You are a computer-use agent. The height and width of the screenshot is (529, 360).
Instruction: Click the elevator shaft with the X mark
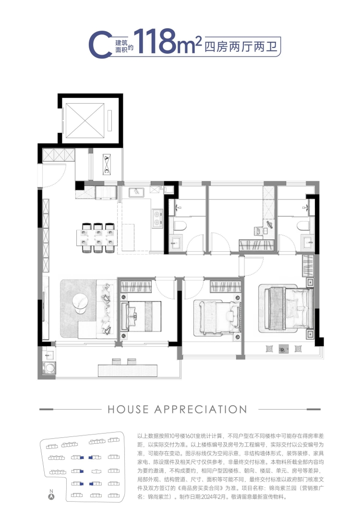(85, 120)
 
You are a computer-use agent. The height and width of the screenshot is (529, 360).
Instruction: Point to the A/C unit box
(107, 165)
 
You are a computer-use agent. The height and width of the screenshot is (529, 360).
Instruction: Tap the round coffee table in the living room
(82, 303)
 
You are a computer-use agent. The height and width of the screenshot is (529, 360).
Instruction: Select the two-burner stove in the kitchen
(157, 217)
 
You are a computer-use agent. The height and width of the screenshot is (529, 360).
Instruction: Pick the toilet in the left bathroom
(180, 225)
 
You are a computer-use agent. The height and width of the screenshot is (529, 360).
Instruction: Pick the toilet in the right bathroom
(303, 225)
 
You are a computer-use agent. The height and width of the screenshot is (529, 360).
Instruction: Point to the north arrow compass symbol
(51, 496)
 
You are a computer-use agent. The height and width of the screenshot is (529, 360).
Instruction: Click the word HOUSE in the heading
(128, 409)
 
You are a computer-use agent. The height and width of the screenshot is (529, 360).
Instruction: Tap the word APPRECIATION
(201, 409)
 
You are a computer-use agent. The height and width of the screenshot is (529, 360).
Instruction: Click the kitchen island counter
(128, 237)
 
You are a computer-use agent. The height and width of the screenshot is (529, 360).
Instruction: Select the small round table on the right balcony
(284, 349)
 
